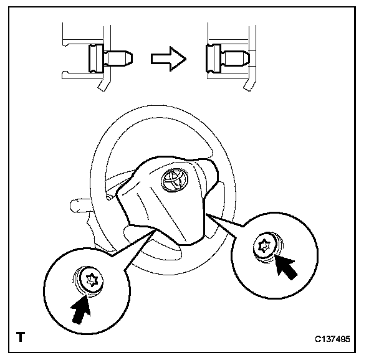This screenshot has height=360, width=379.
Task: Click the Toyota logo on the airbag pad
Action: (x=174, y=180)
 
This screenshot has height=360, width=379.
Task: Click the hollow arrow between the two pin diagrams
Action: (x=168, y=59)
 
